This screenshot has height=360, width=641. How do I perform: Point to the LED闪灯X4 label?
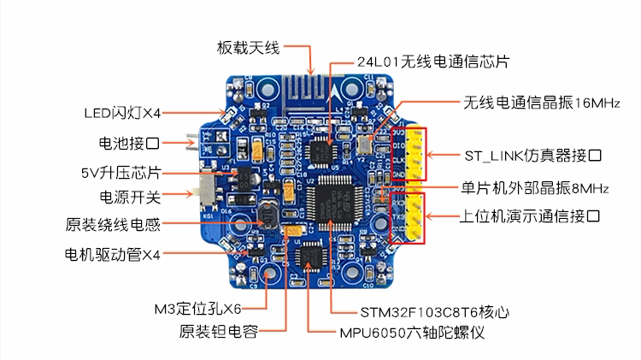(x=122, y=113)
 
